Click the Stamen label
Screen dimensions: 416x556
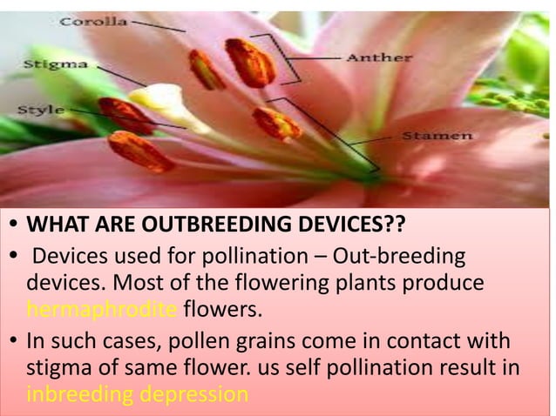pos(437,137)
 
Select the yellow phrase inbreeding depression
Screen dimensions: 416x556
pos(137,394)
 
